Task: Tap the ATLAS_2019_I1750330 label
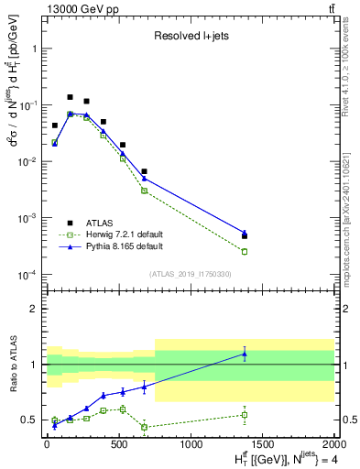point(190,274)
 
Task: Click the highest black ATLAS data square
point(71,97)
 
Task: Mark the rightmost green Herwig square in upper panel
point(245,251)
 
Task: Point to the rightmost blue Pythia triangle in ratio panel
point(245,354)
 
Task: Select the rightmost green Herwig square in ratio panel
point(245,415)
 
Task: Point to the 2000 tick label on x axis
point(334,445)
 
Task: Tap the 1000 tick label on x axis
point(191,445)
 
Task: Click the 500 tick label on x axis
point(118,445)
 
